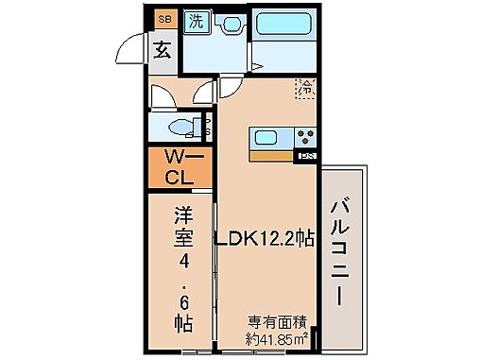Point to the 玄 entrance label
[163, 50]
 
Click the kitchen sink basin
[266, 139]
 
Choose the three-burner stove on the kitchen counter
[304, 137]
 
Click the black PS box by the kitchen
[306, 156]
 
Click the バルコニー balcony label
[342, 256]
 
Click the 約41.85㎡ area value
[278, 338]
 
